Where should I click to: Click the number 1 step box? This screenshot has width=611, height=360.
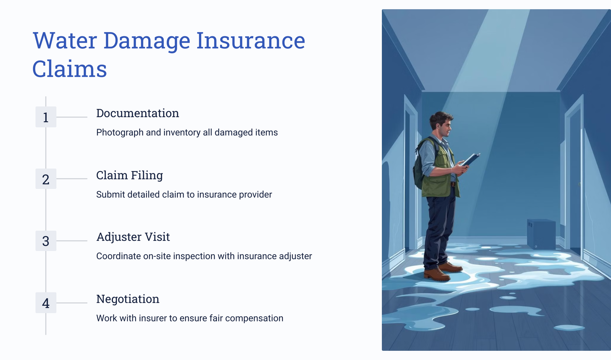coord(46,117)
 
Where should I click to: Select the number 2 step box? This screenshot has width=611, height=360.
coord(46,179)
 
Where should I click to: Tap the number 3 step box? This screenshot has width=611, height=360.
coord(46,241)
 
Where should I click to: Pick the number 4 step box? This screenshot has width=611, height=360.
coord(46,303)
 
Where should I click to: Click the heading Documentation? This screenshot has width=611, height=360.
coord(137,113)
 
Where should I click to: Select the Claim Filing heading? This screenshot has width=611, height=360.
coord(129,175)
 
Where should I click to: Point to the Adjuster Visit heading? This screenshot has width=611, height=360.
coord(133,237)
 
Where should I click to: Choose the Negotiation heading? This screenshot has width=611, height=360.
coord(128,299)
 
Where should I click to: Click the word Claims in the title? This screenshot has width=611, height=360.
coord(70,69)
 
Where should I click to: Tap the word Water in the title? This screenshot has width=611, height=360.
coord(65,40)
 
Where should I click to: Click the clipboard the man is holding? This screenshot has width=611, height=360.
coord(470,160)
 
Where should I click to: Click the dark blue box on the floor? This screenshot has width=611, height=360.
coord(541,234)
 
